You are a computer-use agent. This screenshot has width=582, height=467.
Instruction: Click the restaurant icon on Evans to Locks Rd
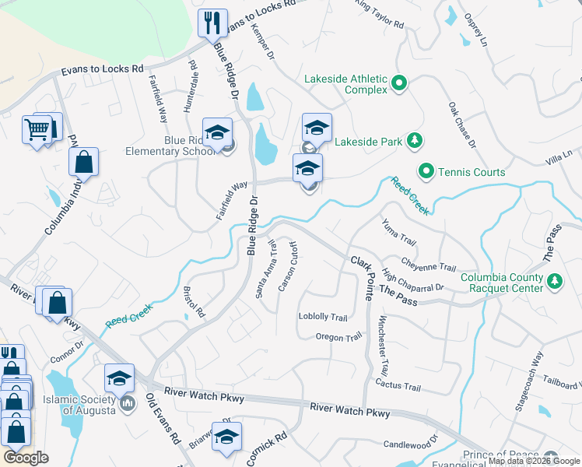[212, 23]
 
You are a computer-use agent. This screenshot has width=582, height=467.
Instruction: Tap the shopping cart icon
[38, 129]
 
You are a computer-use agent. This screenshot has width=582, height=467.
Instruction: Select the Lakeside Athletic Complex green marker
[399, 82]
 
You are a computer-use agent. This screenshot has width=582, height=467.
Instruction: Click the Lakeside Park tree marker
[415, 140]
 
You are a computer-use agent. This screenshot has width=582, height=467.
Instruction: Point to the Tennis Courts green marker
[426, 171]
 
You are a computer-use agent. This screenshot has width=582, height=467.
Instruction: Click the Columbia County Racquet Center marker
[555, 281]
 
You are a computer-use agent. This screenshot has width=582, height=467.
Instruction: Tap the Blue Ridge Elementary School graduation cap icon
[218, 132]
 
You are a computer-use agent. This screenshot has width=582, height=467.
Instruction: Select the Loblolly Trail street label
[322, 317]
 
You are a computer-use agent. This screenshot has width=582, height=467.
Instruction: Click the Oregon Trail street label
[338, 336]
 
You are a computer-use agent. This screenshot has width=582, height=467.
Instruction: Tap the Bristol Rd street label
[193, 302]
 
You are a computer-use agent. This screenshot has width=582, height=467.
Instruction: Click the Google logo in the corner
[26, 458]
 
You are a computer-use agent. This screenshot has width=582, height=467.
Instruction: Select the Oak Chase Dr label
[461, 124]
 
